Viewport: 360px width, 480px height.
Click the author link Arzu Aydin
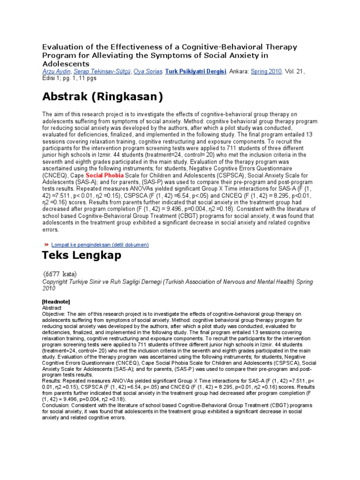[x=56, y=71]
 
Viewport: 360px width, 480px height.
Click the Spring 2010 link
[x=266, y=71]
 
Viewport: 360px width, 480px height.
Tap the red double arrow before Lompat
[x=46, y=245]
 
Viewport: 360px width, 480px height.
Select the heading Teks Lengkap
[x=82, y=255]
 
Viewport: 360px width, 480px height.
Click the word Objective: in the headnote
[x=54, y=314]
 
